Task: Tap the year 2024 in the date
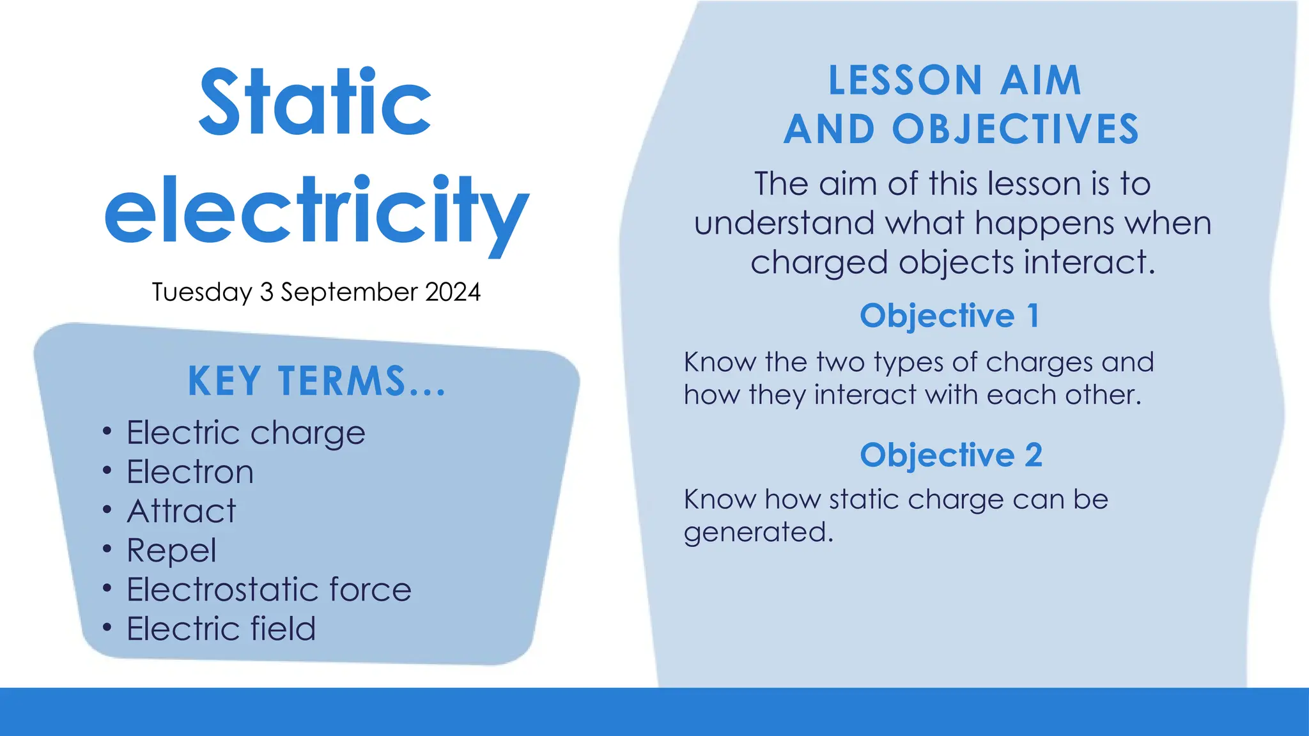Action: [x=453, y=292]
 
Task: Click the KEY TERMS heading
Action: [x=316, y=381]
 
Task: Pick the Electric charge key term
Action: [x=246, y=433]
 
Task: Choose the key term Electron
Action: [x=190, y=472]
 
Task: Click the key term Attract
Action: [x=182, y=511]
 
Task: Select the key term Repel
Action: [x=171, y=551]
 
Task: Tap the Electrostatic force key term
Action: [x=269, y=589]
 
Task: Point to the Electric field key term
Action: [x=221, y=629]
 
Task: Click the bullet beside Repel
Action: [x=107, y=549]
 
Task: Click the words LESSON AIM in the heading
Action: [x=954, y=80]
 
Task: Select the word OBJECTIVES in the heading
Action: [x=1016, y=130]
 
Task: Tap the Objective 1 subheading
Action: [x=950, y=316]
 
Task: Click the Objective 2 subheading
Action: [x=951, y=455]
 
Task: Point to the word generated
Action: [x=758, y=532]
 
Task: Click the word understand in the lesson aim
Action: [x=784, y=224]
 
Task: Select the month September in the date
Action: [x=350, y=293]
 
